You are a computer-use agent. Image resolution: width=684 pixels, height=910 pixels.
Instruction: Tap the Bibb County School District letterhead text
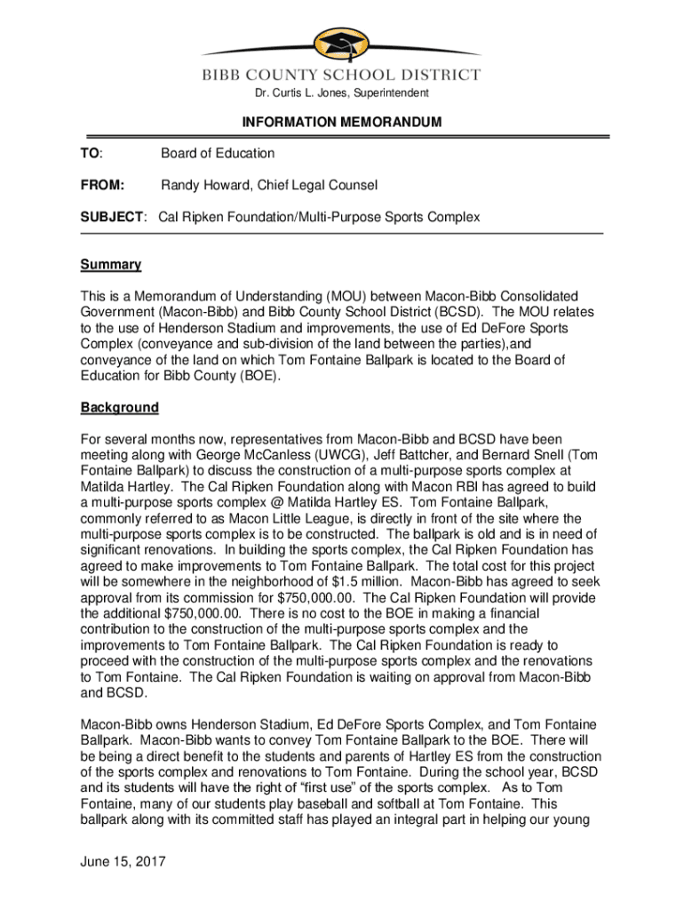(x=342, y=76)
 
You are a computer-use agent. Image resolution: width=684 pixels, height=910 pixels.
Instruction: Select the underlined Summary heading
(x=111, y=265)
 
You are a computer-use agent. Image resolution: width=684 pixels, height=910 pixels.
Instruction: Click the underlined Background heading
(x=120, y=407)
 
